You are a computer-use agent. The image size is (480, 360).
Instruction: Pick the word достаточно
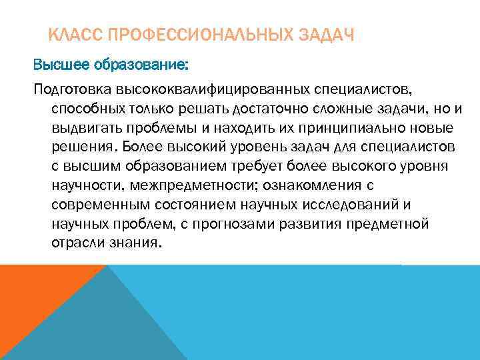tap(266, 108)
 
